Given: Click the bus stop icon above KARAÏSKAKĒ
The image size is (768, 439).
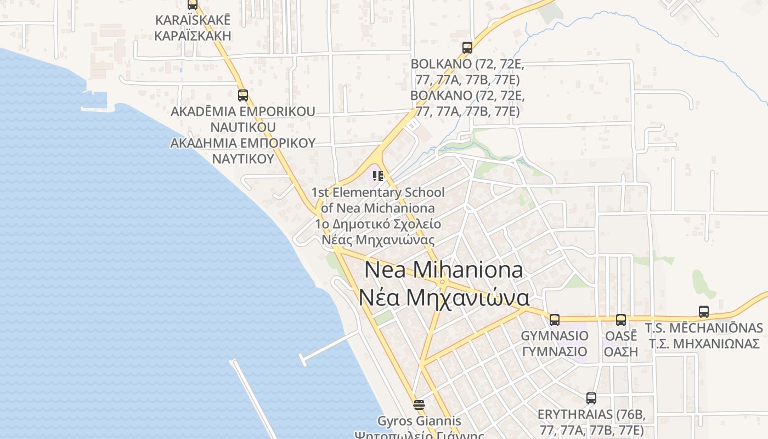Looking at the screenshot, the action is [x=192, y=4].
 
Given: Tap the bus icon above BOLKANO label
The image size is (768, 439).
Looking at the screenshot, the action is [x=467, y=48].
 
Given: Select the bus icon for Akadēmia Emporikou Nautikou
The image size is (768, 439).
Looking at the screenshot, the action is [x=243, y=95].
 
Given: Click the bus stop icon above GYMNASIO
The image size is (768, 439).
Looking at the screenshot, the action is [x=555, y=319].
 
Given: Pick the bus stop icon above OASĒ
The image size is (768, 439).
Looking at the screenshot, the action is [x=620, y=319].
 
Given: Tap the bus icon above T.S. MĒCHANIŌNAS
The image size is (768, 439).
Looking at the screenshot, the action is [x=704, y=312].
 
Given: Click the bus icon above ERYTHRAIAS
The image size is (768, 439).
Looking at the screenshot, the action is [x=591, y=398].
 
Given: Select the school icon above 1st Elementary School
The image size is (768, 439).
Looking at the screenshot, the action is [x=377, y=176].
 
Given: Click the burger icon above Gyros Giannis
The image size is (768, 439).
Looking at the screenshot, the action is [x=419, y=405].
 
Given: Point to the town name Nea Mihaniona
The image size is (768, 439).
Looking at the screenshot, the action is [x=443, y=270].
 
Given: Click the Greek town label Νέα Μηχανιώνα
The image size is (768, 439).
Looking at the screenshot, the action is [x=444, y=297].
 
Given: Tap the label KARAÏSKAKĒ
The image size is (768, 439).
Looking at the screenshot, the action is [x=193, y=20].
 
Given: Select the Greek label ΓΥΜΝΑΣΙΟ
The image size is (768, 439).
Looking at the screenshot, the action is [x=555, y=351].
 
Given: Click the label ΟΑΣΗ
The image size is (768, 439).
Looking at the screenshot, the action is [x=620, y=351].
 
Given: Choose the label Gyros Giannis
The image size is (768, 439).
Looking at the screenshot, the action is [x=419, y=421].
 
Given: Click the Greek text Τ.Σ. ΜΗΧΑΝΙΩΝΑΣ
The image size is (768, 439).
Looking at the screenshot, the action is [x=704, y=344].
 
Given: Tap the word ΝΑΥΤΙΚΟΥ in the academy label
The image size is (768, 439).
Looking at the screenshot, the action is [x=242, y=159].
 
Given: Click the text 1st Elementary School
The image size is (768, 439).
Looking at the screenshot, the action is [x=378, y=193].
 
